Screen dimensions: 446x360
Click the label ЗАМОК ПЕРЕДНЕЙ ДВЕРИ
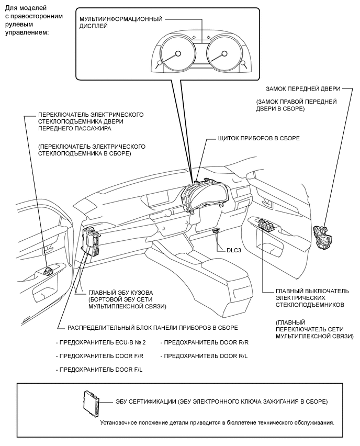point(302,88)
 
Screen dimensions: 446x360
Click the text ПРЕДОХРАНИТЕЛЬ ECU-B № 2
point(100,342)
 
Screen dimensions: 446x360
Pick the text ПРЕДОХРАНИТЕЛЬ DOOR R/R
point(205,342)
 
